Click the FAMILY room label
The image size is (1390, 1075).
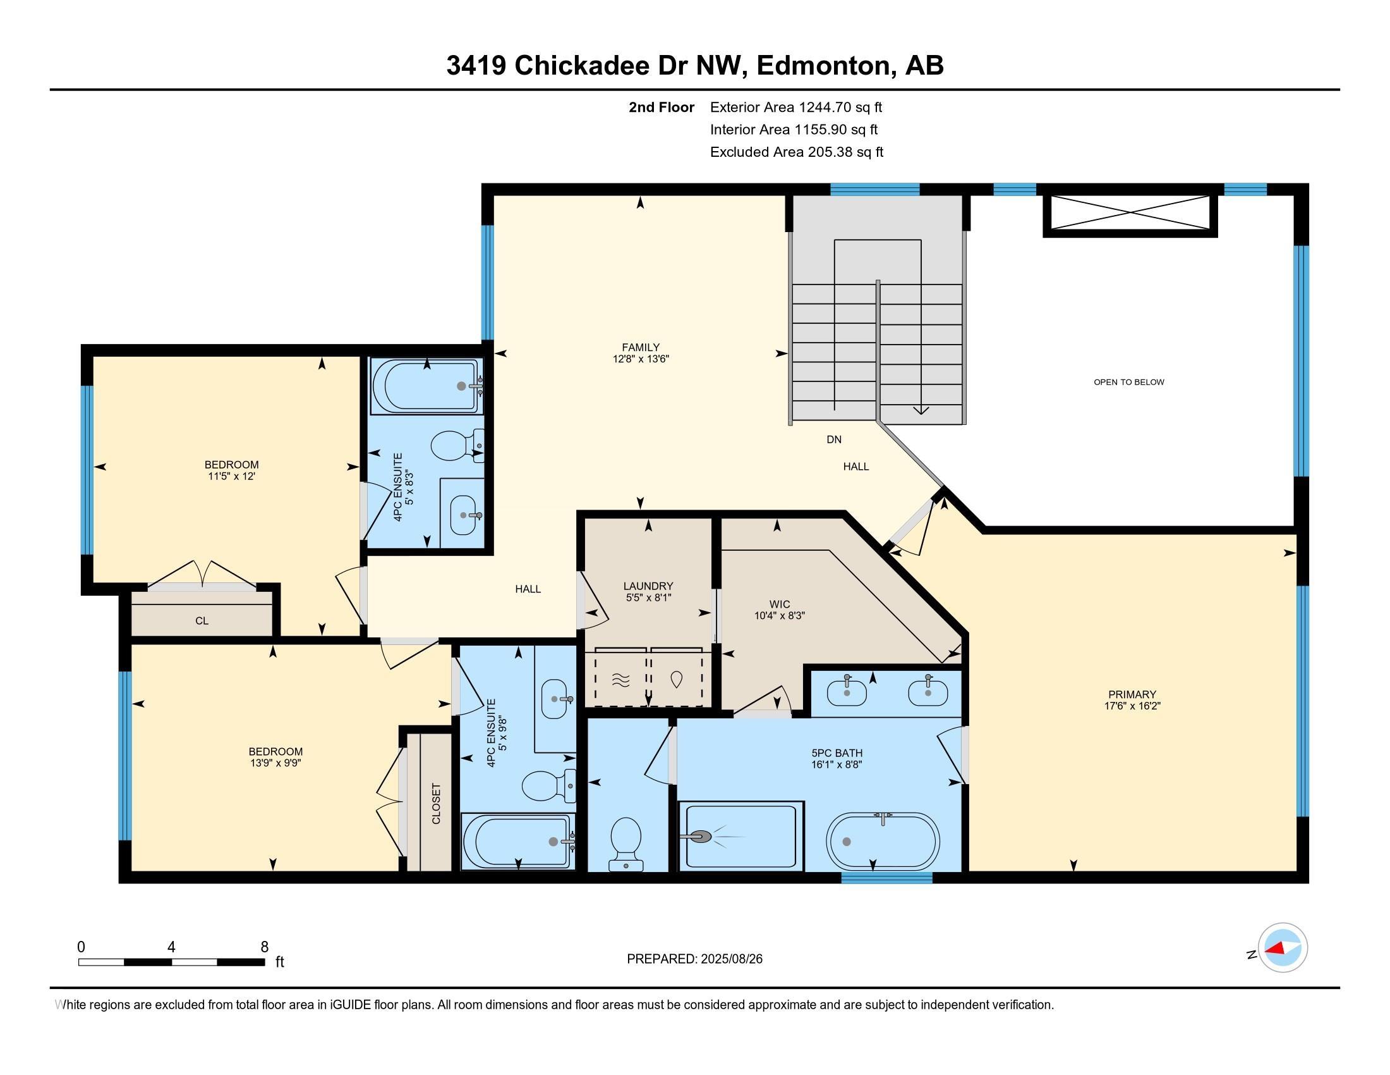point(640,347)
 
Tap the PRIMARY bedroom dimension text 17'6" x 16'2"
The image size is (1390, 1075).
point(1132,706)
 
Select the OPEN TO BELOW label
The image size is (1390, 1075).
point(1128,382)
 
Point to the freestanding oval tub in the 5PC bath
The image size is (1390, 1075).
point(882,840)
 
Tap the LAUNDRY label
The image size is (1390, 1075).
point(648,586)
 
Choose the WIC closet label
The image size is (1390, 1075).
point(779,605)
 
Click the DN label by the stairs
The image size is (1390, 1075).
point(834,439)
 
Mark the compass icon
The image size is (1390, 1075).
point(1283,948)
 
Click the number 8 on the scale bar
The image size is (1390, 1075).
point(264,947)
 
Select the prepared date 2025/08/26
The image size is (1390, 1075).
point(730,959)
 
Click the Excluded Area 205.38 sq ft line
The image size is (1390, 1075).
point(796,152)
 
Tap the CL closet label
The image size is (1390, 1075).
point(202,620)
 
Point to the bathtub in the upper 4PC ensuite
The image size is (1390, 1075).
point(426,386)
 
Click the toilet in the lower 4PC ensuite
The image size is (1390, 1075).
point(548,787)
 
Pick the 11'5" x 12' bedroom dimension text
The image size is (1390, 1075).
point(231,476)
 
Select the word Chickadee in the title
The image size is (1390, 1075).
point(581,66)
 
